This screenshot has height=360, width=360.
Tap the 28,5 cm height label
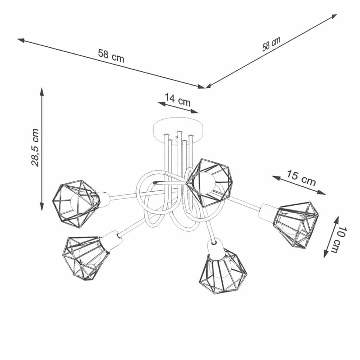[x=35, y=147]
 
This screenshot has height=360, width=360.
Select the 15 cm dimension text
[x=301, y=178]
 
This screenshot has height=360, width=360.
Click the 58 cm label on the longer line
[x=111, y=56]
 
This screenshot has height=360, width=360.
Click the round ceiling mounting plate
[x=178, y=131]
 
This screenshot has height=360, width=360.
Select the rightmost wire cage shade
[x=296, y=224]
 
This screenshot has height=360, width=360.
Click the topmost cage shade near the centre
[x=208, y=182]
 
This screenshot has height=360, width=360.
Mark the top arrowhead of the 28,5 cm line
[x=41, y=91]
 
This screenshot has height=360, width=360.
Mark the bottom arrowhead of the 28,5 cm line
[x=41, y=207]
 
